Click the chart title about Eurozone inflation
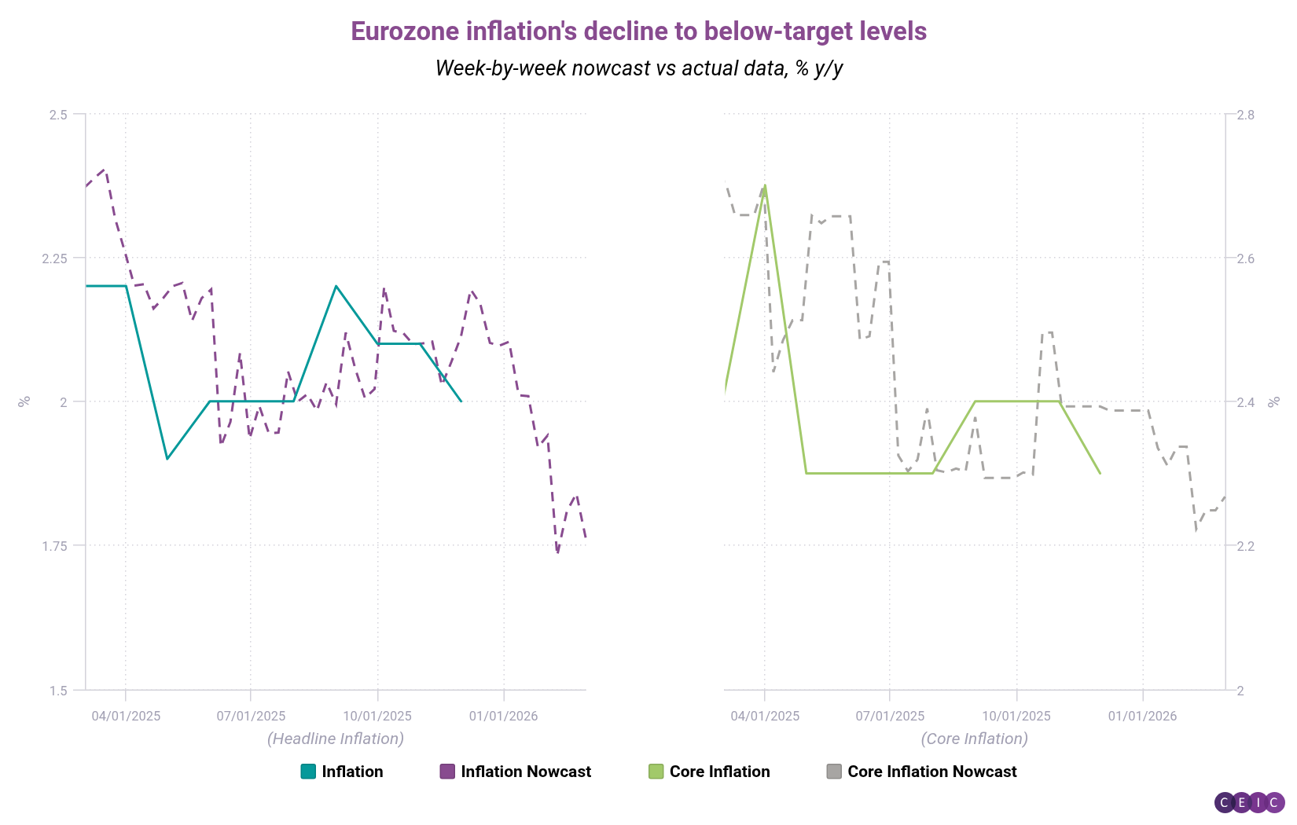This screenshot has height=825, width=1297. tap(638, 31)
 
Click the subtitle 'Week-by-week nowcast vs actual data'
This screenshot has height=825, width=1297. tap(638, 68)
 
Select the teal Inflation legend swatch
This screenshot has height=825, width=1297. tap(308, 772)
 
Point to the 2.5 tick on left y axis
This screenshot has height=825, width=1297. tap(57, 115)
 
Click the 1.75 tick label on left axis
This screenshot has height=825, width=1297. tap(55, 546)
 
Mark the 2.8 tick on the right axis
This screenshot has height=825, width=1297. tap(1245, 115)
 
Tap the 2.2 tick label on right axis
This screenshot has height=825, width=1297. tap(1245, 546)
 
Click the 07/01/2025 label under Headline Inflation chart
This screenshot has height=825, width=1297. tap(251, 716)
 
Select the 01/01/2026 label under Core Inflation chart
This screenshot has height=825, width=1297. tap(1142, 716)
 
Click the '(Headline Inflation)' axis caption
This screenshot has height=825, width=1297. tap(336, 739)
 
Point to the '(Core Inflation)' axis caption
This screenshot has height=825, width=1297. tap(974, 739)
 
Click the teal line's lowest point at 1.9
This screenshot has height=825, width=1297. tap(167, 459)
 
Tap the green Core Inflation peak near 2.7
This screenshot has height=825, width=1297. tap(765, 186)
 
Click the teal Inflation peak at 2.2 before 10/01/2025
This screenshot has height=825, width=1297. tap(336, 286)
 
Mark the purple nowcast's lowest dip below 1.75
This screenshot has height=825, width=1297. tap(557, 552)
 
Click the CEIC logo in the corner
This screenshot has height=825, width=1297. tap(1249, 802)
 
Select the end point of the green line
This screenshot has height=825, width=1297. tap(1100, 473)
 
